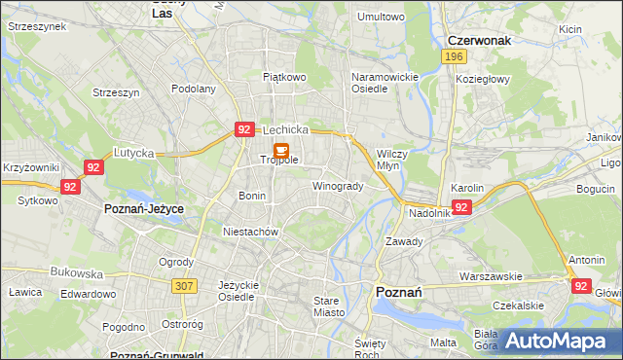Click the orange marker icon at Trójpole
coord(281,152)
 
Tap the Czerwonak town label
coord(479,40)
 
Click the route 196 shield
coord(452,57)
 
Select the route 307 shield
coord(184,285)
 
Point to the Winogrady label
coord(338,186)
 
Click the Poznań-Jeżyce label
coord(144,209)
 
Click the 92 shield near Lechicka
coord(244,128)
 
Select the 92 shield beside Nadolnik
coord(461,207)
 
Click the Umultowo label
coord(381,17)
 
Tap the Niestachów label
coord(251,233)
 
